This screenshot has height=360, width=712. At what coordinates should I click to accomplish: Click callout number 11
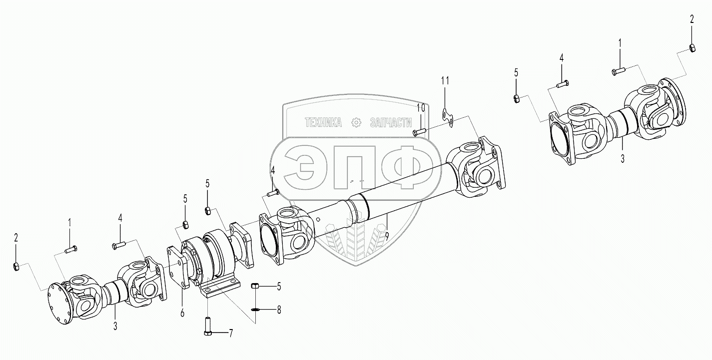(x=445, y=81)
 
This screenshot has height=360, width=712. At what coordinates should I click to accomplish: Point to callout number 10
(x=421, y=108)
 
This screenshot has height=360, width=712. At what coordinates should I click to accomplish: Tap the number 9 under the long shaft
(x=387, y=236)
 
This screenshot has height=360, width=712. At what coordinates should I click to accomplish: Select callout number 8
(x=279, y=310)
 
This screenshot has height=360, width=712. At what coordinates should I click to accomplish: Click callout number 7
(x=231, y=334)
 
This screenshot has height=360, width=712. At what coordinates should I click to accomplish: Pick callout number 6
(x=182, y=313)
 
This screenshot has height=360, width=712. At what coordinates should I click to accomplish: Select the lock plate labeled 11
(x=448, y=118)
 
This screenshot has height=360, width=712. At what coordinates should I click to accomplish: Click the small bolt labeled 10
(x=419, y=131)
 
